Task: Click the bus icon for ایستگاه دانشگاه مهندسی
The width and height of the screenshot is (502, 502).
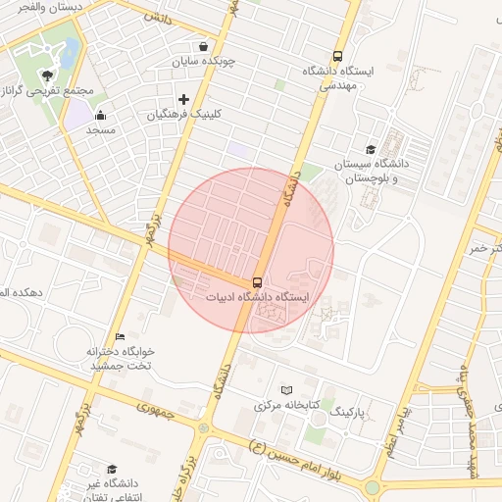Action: tap(338, 57)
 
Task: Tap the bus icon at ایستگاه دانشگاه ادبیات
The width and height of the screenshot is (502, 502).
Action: tap(258, 282)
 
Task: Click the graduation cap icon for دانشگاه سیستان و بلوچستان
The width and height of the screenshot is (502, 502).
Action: tap(371, 150)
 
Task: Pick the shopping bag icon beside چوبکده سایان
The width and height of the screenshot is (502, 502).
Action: tap(203, 46)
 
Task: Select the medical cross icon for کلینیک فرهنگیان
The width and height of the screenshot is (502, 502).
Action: tap(183, 98)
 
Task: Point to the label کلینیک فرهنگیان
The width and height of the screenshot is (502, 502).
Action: tap(184, 114)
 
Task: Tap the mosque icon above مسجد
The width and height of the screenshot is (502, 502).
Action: tap(100, 116)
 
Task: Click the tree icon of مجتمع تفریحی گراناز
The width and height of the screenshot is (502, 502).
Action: tap(46, 75)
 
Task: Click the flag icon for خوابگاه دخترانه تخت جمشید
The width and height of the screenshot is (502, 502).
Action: tap(120, 337)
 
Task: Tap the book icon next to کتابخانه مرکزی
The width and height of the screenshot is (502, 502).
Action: tap(286, 390)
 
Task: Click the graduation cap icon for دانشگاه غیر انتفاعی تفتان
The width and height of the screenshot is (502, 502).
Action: tap(112, 470)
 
